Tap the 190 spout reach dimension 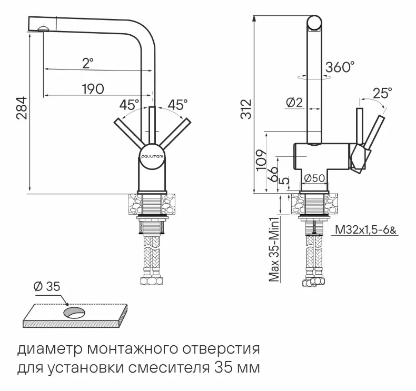(93, 88)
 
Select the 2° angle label (87, 63)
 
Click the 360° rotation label (340, 67)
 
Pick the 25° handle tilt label (382, 93)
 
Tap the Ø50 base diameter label (314, 178)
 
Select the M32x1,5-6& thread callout (363, 230)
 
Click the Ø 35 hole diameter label (47, 287)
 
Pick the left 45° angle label (129, 104)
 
